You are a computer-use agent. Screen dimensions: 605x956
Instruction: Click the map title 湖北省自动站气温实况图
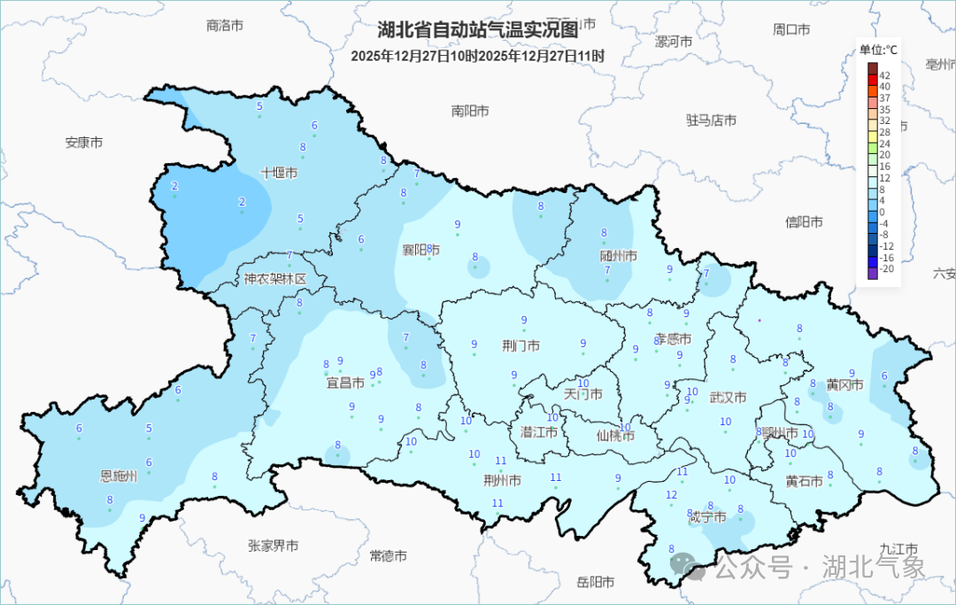click(477, 30)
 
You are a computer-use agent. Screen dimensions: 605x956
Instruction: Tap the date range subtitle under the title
click(477, 56)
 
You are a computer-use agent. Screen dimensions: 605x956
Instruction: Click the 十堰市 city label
click(279, 173)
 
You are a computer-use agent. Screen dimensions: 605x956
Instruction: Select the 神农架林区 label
click(275, 279)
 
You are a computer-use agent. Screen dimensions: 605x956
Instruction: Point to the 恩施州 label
click(119, 477)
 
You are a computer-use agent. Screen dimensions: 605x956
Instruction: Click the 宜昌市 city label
click(345, 384)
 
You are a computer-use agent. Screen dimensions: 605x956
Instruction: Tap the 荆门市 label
click(520, 346)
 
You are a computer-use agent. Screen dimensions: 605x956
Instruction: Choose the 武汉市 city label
click(728, 397)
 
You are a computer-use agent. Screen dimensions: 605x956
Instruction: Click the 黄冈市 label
click(844, 385)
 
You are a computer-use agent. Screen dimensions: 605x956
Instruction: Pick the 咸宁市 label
click(707, 516)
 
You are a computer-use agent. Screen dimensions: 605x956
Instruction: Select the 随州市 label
click(618, 256)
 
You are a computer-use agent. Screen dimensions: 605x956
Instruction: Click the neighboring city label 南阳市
click(470, 111)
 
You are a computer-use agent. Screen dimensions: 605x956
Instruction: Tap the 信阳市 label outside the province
click(804, 221)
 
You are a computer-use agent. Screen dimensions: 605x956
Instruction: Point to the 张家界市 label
click(273, 546)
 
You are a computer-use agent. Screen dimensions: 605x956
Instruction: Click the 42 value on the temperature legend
click(884, 75)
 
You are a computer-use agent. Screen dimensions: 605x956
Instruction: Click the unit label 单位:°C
click(878, 50)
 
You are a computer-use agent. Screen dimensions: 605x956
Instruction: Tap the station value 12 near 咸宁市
click(672, 495)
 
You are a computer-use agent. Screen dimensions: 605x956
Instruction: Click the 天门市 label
click(582, 394)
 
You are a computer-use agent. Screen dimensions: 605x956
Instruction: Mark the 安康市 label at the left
click(84, 142)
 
